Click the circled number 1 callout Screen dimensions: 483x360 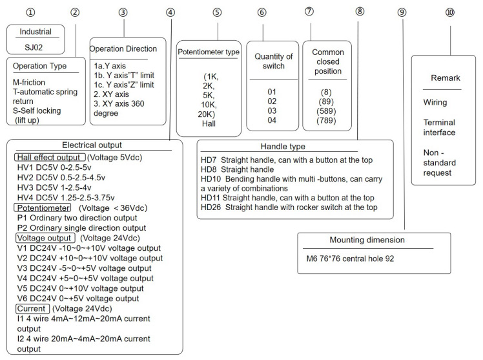[x=30, y=12]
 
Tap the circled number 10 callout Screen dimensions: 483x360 [x=449, y=12]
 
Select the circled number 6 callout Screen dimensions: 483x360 [x=262, y=12]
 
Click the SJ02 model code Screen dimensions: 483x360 [x=34, y=47]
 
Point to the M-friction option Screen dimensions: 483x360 [x=29, y=82]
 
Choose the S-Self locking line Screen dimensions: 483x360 [x=37, y=111]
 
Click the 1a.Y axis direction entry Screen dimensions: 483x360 [x=110, y=66]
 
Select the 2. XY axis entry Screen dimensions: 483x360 [x=111, y=94]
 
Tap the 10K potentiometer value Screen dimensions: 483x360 [x=209, y=105]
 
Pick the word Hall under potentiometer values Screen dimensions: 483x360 [x=209, y=123]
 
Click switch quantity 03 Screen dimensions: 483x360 [x=272, y=111]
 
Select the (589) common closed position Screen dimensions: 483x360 [x=326, y=111]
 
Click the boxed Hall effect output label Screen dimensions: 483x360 [x=50, y=157]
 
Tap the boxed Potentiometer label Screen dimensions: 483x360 [x=43, y=207]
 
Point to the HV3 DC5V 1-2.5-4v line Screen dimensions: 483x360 [x=54, y=187]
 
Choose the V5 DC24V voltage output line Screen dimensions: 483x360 [x=81, y=288]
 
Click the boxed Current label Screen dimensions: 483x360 [x=32, y=308]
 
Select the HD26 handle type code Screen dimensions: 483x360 [x=211, y=207]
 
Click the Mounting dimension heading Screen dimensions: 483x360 [x=367, y=240]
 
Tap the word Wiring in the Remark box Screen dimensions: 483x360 [x=435, y=102]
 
